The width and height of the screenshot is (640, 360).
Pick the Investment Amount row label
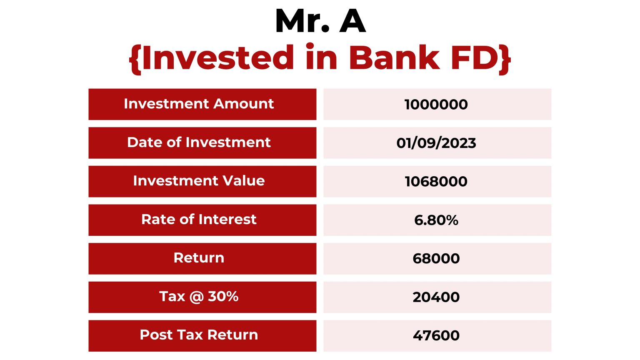[199, 104]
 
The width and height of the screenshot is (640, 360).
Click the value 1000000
[436, 104]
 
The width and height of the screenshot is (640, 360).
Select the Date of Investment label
[199, 142]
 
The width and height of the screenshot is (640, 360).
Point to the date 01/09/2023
[436, 143]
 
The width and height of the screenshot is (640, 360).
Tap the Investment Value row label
[199, 181]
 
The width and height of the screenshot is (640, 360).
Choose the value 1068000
[436, 181]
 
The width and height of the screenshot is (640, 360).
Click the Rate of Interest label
[199, 220]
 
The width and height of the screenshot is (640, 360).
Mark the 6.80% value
[436, 220]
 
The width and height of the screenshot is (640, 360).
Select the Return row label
[199, 258]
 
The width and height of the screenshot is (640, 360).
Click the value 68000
[436, 258]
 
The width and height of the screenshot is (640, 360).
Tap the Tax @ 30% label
[199, 297]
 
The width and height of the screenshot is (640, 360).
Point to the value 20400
[436, 297]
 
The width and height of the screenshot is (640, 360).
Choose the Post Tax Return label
[199, 335]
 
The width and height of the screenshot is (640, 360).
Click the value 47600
[436, 335]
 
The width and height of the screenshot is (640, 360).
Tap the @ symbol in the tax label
[196, 297]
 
